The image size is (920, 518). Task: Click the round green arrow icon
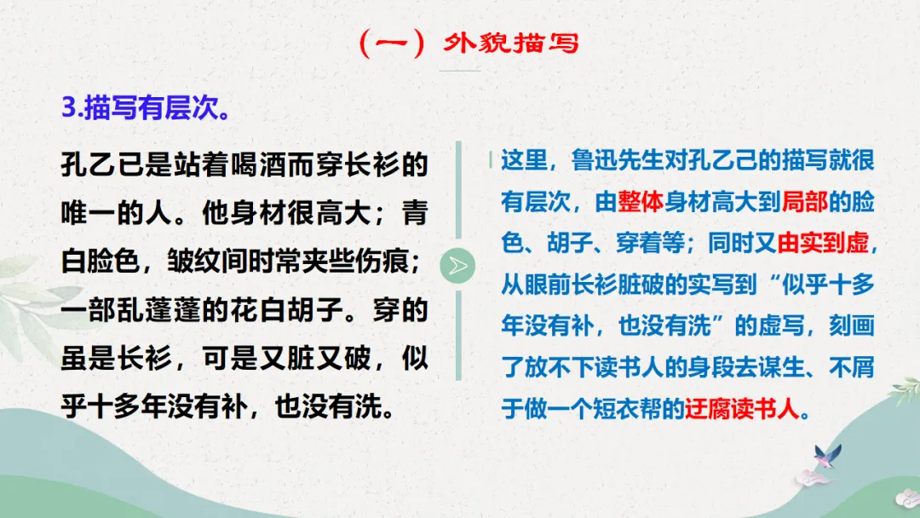(x=458, y=267)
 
